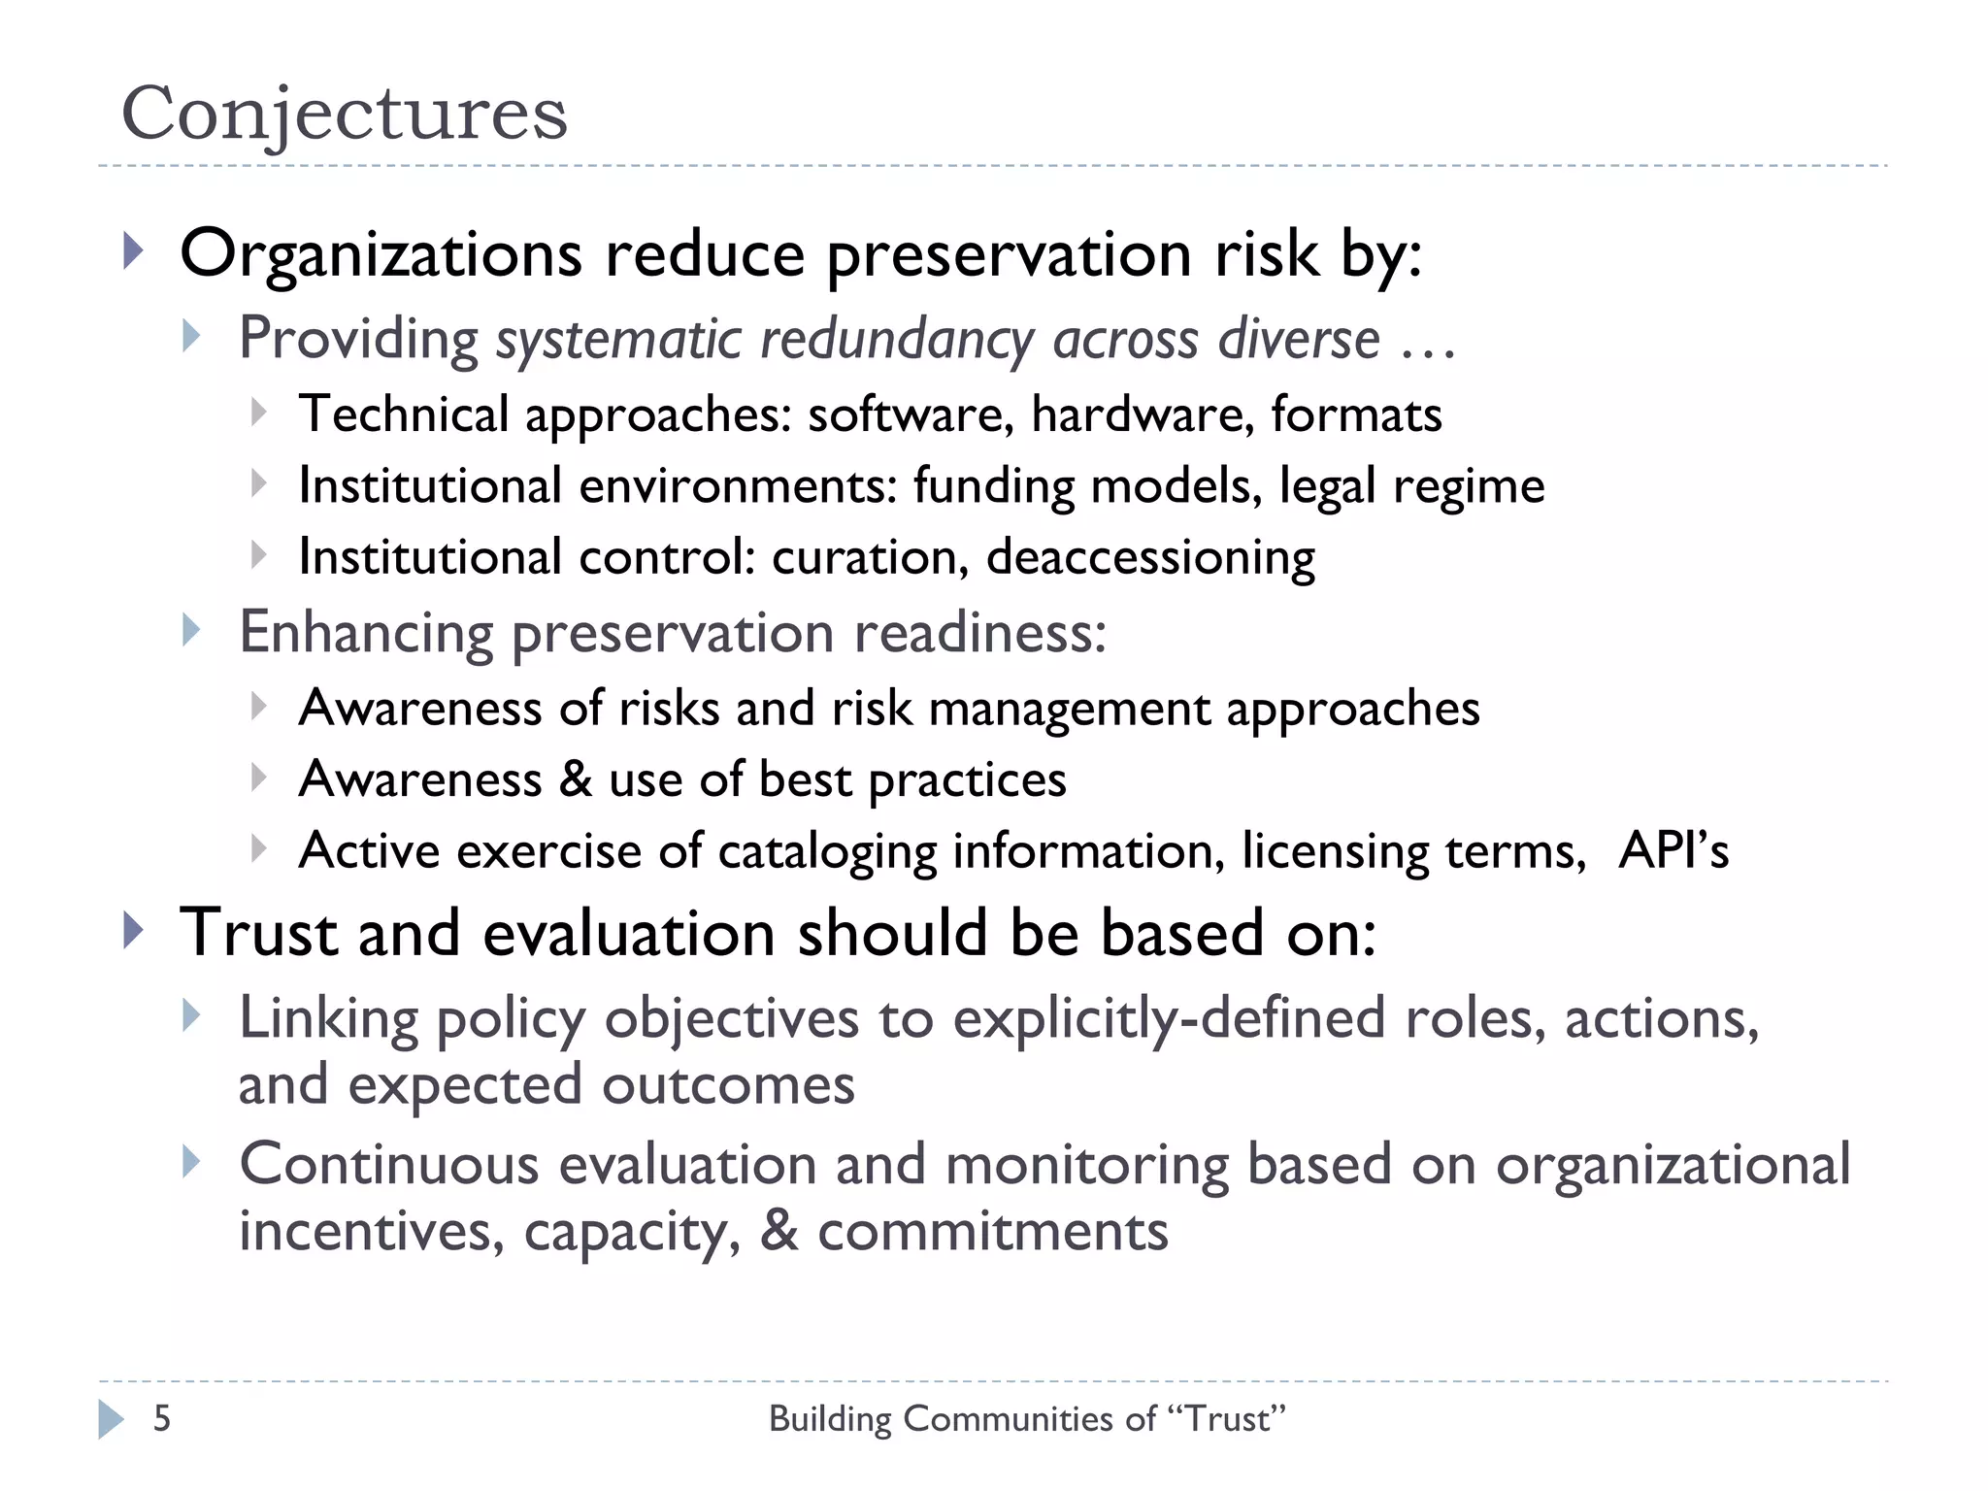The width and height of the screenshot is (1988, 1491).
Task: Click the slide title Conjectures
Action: (344, 114)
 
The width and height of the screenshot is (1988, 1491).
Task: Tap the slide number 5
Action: (162, 1418)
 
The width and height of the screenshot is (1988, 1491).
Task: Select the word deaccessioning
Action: (1150, 557)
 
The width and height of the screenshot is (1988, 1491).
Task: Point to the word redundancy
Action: (897, 340)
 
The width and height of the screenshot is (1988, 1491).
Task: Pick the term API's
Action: (1673, 850)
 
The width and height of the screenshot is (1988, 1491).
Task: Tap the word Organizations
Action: (381, 254)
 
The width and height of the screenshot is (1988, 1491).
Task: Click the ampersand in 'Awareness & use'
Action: (575, 779)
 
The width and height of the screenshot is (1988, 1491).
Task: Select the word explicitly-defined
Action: (1169, 1019)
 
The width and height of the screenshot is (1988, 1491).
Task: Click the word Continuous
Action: (388, 1164)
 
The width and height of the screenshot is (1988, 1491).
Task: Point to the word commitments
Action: (992, 1231)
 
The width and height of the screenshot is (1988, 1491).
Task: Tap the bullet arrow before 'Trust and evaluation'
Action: (134, 931)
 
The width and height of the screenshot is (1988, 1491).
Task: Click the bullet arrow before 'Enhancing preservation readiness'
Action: (191, 631)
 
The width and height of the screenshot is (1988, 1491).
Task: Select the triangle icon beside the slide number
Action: (111, 1419)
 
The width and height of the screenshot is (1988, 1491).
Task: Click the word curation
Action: (870, 557)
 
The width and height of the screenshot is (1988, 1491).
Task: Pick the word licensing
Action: (1335, 851)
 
